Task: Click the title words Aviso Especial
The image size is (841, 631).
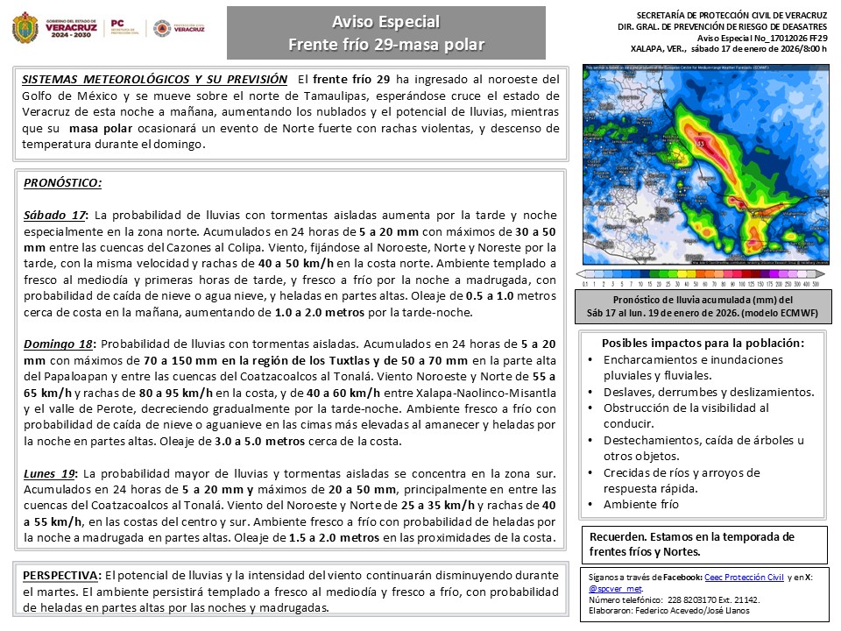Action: tap(385, 21)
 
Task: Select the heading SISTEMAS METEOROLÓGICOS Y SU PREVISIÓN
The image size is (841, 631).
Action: tap(154, 79)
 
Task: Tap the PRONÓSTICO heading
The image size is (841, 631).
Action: tap(62, 183)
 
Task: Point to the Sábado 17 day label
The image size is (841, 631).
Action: tap(55, 215)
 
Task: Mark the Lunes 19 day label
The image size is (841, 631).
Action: tap(50, 472)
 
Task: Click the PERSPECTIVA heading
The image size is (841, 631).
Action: tap(60, 575)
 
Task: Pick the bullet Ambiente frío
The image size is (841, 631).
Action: tap(640, 504)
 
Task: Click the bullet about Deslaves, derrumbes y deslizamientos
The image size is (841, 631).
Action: tap(709, 392)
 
